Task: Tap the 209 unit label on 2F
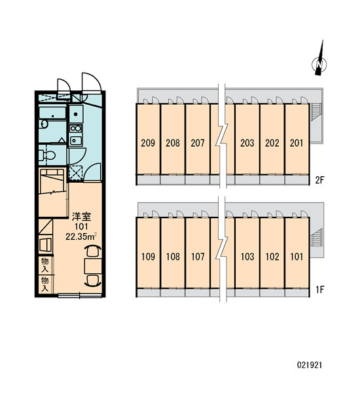coord(148,143)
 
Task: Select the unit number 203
coord(247,143)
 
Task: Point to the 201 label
coord(297,143)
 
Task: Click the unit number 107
coord(198,256)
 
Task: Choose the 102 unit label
coord(272,256)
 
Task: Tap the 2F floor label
coord(319,179)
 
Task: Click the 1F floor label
coord(320,290)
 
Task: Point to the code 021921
coord(310,365)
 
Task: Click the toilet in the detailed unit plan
coord(47,155)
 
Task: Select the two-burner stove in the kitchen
coord(76,128)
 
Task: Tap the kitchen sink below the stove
coord(76,141)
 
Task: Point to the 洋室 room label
coord(81,216)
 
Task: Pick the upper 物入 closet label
coord(45,265)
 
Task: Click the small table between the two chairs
coord(93,266)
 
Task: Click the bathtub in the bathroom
coord(52,113)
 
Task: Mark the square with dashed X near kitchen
coord(75,172)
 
